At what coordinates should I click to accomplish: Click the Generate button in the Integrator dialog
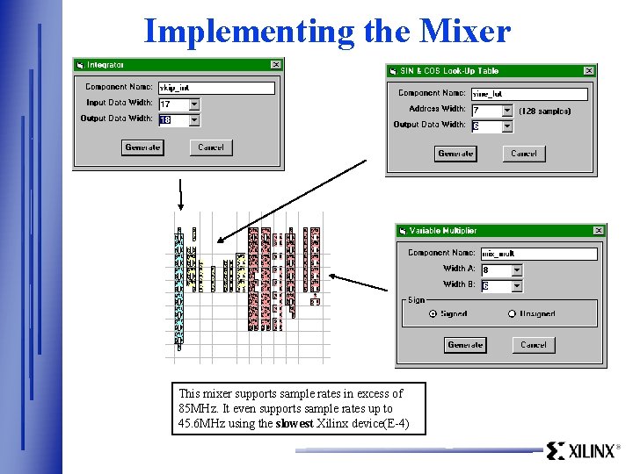point(142,147)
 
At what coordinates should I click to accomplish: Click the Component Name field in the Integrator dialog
point(216,88)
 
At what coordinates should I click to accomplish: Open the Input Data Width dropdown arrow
point(194,104)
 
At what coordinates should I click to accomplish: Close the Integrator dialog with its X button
point(275,64)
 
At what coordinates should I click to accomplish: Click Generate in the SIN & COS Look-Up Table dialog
point(455,154)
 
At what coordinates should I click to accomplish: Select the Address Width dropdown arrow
point(506,111)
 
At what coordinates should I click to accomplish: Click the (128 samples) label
point(545,111)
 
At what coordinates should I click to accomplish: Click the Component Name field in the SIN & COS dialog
point(528,94)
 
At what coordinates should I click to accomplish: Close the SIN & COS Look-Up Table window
point(589,70)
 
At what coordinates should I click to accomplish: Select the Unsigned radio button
point(512,313)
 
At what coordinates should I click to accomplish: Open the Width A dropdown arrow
point(516,270)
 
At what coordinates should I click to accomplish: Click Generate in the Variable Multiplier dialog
point(465,345)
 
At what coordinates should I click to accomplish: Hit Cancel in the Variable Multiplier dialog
point(533,345)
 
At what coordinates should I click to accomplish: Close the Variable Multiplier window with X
point(599,231)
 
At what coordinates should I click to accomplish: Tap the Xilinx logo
point(583,451)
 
